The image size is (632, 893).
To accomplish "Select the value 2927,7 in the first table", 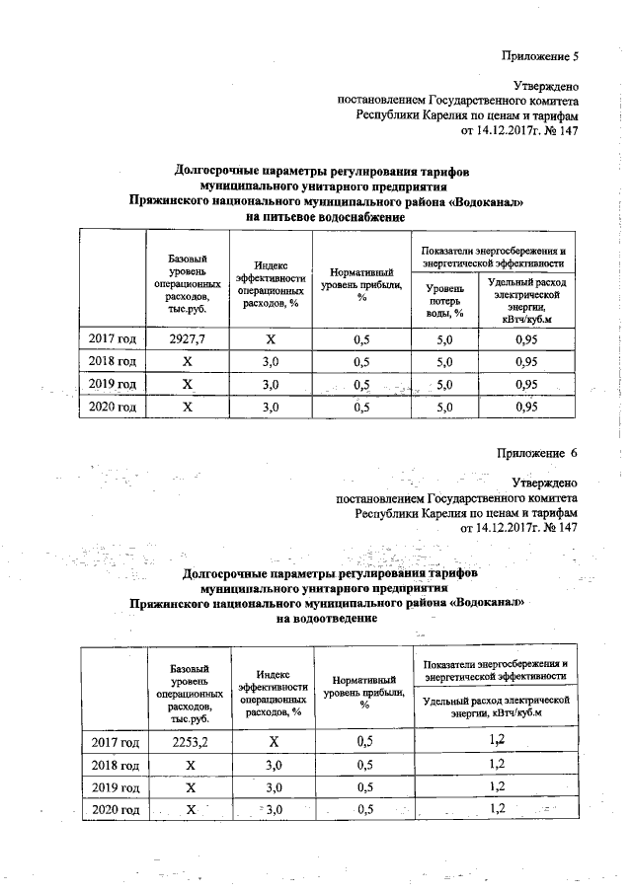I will [x=187, y=339].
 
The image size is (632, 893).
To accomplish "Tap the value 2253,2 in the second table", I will [x=187, y=740].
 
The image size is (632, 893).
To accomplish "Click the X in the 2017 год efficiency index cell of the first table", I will [x=271, y=339].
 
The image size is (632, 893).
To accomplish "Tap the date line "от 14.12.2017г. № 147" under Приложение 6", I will [x=518, y=528].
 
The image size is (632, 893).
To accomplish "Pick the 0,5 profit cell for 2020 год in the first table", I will [x=364, y=407].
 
